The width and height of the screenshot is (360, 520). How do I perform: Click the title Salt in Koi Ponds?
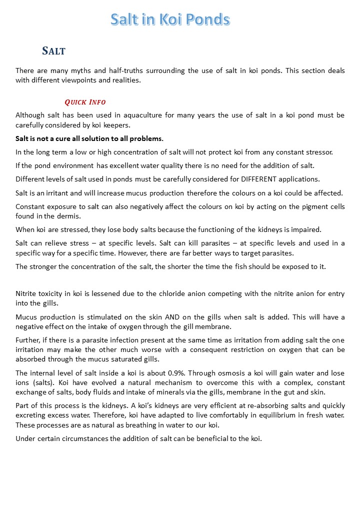[x=170, y=19]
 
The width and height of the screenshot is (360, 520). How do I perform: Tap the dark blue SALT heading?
[x=54, y=50]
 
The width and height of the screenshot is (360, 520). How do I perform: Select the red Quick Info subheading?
[x=85, y=102]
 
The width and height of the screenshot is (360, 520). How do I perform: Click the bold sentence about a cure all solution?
[x=89, y=138]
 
